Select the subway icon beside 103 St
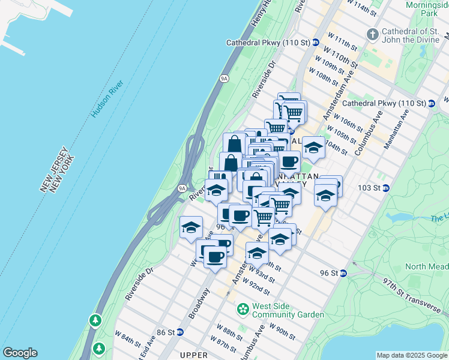(386, 188)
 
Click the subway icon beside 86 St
(179, 332)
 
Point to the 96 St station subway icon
(343, 273)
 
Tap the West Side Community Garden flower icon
(243, 310)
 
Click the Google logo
(20, 353)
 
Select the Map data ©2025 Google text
(411, 355)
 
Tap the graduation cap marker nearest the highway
(191, 227)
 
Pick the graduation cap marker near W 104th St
(313, 147)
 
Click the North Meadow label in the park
(426, 266)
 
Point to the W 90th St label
(282, 329)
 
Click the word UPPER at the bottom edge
(193, 355)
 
